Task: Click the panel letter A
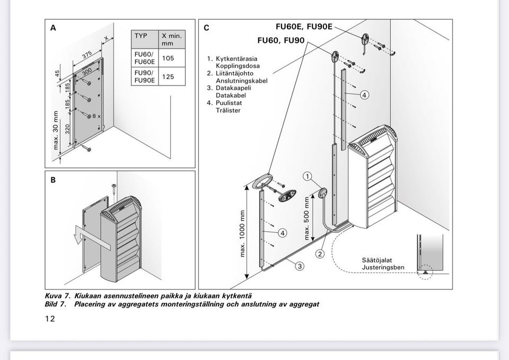tap(53, 29)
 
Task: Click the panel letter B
tap(53, 180)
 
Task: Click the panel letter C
tap(206, 29)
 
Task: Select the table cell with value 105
tap(168, 57)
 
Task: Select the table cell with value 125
tap(168, 76)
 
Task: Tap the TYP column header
tap(141, 36)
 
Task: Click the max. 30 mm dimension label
tap(56, 130)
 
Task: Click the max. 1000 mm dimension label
tap(243, 234)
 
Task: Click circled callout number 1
tap(308, 176)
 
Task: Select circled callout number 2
tap(320, 253)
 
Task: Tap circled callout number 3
tap(300, 266)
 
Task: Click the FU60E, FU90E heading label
tap(304, 26)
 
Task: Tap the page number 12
tap(50, 319)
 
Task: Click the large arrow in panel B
tap(93, 236)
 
